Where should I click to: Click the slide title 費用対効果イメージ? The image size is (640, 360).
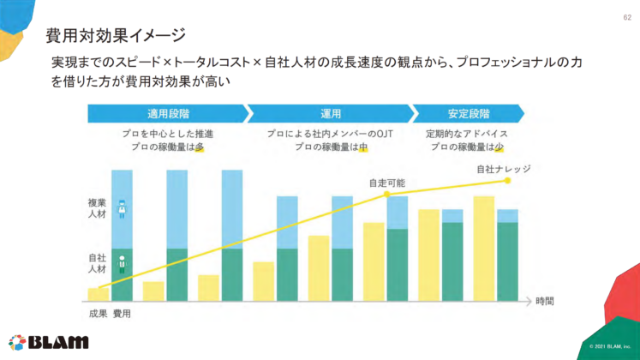(115, 35)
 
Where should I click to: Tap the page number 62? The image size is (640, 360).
(625, 18)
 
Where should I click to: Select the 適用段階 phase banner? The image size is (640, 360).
(168, 113)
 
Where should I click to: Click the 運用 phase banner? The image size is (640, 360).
(332, 113)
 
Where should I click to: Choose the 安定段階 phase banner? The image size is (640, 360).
(468, 113)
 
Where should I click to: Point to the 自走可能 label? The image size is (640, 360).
(386, 183)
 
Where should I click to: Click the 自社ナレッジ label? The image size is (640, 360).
(503, 169)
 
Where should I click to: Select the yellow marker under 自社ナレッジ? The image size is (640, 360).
(507, 181)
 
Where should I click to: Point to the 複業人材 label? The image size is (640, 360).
(97, 208)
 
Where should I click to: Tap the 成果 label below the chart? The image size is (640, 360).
(98, 314)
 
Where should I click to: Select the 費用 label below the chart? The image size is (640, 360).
(122, 314)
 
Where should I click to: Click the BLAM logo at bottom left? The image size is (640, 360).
(48, 341)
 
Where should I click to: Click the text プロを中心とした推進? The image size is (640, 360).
(168, 134)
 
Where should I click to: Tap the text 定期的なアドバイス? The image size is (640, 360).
(467, 134)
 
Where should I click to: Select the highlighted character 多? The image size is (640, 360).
(199, 147)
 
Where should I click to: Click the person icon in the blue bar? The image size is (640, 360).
(122, 208)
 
